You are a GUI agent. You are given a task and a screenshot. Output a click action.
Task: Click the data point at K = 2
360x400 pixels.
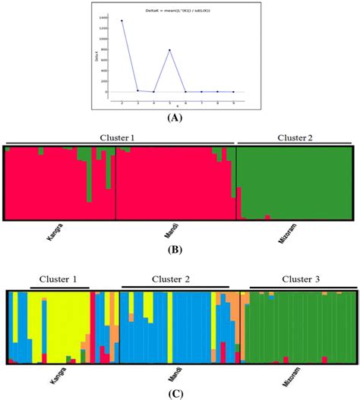pos(122,21)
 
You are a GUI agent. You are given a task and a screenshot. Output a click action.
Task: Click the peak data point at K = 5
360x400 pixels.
pos(170,50)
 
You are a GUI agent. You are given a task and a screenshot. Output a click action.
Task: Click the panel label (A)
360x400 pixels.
pos(179,118)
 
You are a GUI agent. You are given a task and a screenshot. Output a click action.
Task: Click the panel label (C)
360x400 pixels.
pos(179,392)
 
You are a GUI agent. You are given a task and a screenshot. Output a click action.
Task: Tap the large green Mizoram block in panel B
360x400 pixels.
pos(296,182)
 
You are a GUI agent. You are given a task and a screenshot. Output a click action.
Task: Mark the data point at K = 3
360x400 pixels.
pos(138,90)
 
